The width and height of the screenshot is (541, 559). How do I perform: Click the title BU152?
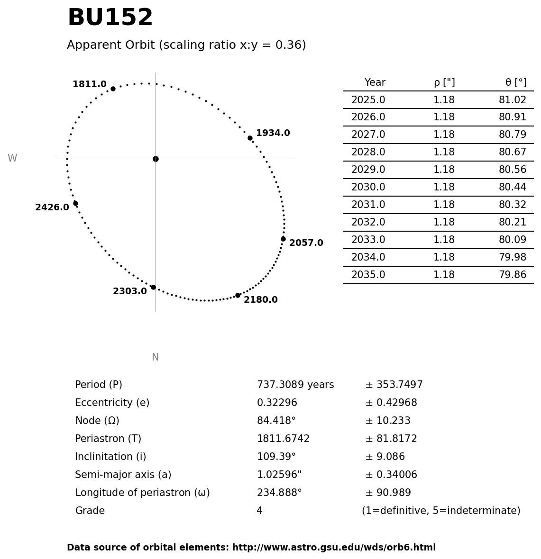point(110,18)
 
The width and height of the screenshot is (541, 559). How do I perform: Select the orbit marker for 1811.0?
point(113,89)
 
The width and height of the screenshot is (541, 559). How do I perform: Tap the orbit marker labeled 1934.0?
point(250,138)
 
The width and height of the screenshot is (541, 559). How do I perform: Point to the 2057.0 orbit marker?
point(283,239)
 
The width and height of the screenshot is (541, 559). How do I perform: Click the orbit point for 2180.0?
point(238,295)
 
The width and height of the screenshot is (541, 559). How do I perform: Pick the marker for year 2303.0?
point(153,287)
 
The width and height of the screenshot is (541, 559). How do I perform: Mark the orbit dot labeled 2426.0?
point(75,203)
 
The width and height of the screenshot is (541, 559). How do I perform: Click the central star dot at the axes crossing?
point(156,159)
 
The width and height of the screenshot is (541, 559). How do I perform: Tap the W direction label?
point(12,159)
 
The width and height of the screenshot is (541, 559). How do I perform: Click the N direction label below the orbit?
point(155,358)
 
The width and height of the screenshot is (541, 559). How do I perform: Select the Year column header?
point(375,83)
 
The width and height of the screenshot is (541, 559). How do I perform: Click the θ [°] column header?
point(515,83)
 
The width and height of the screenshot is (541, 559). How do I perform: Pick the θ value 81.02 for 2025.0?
point(512,100)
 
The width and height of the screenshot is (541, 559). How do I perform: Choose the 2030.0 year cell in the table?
point(368,188)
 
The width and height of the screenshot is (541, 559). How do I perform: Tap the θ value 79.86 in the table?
point(512,275)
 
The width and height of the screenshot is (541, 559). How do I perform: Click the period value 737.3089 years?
point(295,385)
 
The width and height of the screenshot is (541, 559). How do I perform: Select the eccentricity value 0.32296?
point(277,403)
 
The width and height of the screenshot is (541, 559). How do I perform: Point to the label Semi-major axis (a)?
point(123,475)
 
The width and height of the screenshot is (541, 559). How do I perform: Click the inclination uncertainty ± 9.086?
point(385,457)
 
